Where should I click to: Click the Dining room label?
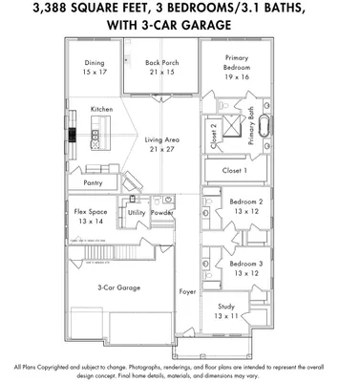pyautogui.click(x=94, y=63)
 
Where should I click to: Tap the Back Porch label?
pyautogui.click(x=161, y=63)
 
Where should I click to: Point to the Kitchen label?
pyautogui.click(x=102, y=110)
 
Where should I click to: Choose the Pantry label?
pyautogui.click(x=93, y=181)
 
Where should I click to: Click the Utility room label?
pyautogui.click(x=137, y=213)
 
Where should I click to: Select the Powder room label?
pyautogui.click(x=161, y=213)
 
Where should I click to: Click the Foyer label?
pyautogui.click(x=187, y=291)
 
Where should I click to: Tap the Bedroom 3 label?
pyautogui.click(x=245, y=263)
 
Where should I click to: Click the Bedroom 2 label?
pyautogui.click(x=245, y=202)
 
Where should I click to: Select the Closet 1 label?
pyautogui.click(x=234, y=170)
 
